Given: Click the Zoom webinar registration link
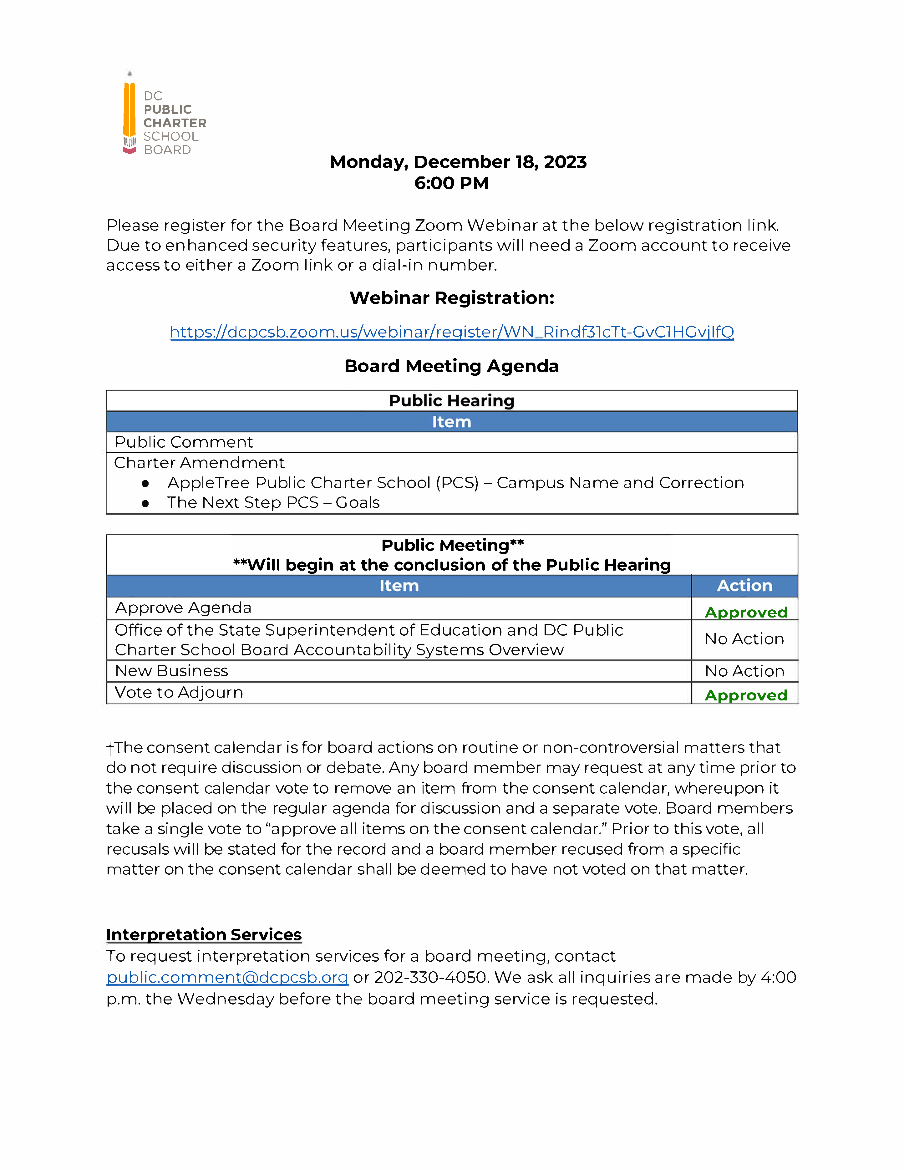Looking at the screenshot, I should coord(451,332).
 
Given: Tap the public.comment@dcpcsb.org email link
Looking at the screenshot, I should coord(227,977).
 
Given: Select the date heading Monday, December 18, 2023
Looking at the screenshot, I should coord(458,162).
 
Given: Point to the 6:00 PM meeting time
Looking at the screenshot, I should coord(451,183).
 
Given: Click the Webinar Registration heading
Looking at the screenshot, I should coord(451,298).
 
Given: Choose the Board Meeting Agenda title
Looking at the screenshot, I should coord(451,366).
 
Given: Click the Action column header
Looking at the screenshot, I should coord(744,586).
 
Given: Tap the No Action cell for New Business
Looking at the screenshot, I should coord(744,671).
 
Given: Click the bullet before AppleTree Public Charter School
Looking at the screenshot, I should coord(145,484).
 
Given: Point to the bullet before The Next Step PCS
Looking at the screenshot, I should coord(145,504).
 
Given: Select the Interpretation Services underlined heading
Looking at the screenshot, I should coord(204,934).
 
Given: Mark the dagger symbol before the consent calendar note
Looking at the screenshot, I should coord(110,748).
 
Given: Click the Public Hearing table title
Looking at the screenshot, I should coord(451,401).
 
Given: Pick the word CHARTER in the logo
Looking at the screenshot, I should coord(175,123).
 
